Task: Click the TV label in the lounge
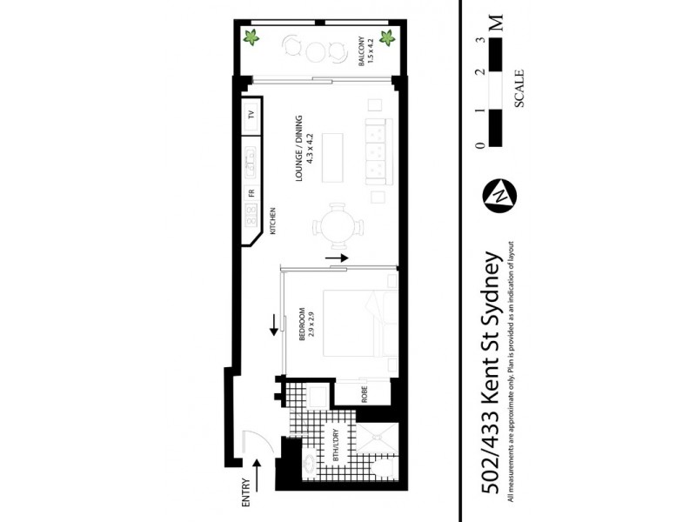250,115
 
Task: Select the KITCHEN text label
272,223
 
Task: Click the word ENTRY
246,493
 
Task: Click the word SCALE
519,87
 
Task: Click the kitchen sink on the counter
251,157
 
